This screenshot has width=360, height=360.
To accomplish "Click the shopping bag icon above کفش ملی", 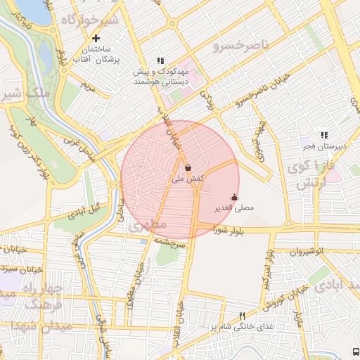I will pyautogui.click(x=188, y=168).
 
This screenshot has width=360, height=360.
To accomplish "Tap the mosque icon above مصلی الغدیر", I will pyautogui.click(x=234, y=198).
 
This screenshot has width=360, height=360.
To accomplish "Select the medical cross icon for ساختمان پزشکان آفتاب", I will pyautogui.click(x=96, y=38).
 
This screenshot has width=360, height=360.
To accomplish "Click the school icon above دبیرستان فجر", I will pyautogui.click(x=324, y=134).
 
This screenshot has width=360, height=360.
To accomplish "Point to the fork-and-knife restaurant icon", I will pyautogui.click(x=243, y=316).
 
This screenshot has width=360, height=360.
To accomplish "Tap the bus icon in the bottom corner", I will pyautogui.click(x=355, y=351).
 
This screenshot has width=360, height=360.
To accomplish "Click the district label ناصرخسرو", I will pyautogui.click(x=240, y=46).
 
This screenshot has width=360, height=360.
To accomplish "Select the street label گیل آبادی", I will pyautogui.click(x=85, y=212).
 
